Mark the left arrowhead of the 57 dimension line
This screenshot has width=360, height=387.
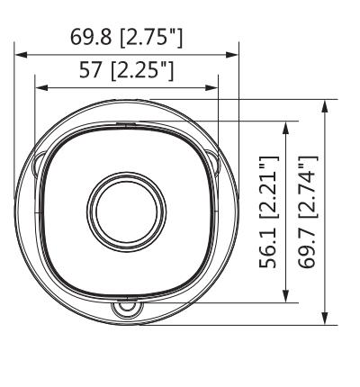coord(39,88)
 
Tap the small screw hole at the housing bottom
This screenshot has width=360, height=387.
coord(125,309)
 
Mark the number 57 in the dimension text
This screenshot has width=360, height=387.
coord(92,71)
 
